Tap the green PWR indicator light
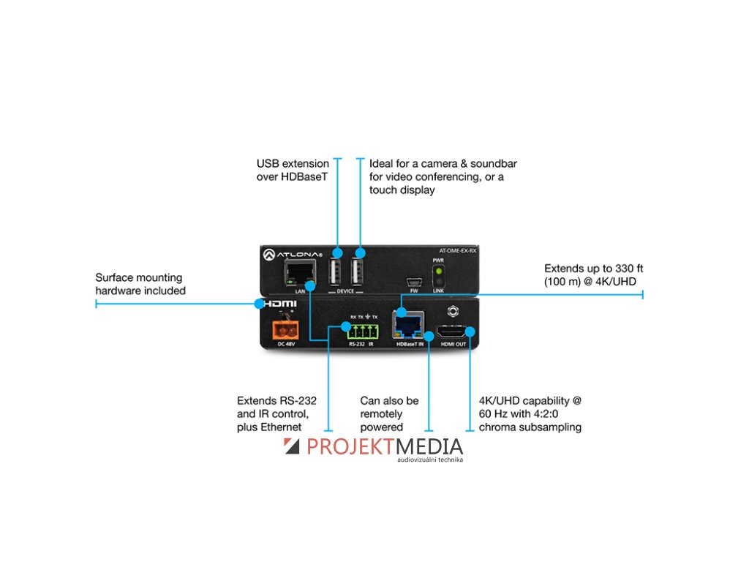point(440,271)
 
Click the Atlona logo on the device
point(288,253)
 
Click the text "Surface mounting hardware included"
point(140,284)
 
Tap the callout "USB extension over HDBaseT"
point(292,170)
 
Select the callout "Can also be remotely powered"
point(389,413)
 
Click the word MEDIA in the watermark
point(429,446)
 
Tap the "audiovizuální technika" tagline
point(430,460)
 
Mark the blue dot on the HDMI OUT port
point(470,331)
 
